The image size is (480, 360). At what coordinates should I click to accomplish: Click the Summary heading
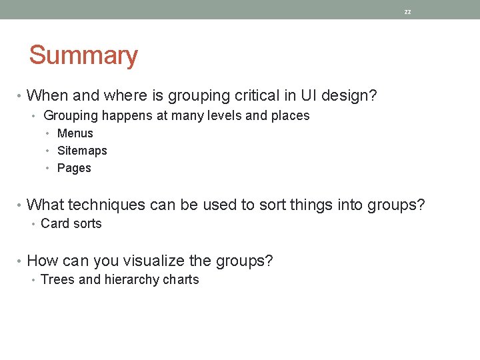tap(83, 55)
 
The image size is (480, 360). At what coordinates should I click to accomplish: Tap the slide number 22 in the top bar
tap(408, 12)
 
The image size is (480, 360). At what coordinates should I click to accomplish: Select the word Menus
tap(75, 133)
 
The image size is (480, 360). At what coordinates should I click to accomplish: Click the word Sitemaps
tap(82, 151)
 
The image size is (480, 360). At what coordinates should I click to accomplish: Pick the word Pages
tap(74, 168)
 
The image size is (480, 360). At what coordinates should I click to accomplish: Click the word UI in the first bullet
tap(309, 96)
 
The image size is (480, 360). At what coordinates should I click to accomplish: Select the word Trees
tap(58, 279)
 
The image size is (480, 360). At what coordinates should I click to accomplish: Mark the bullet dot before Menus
tap(49, 134)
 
